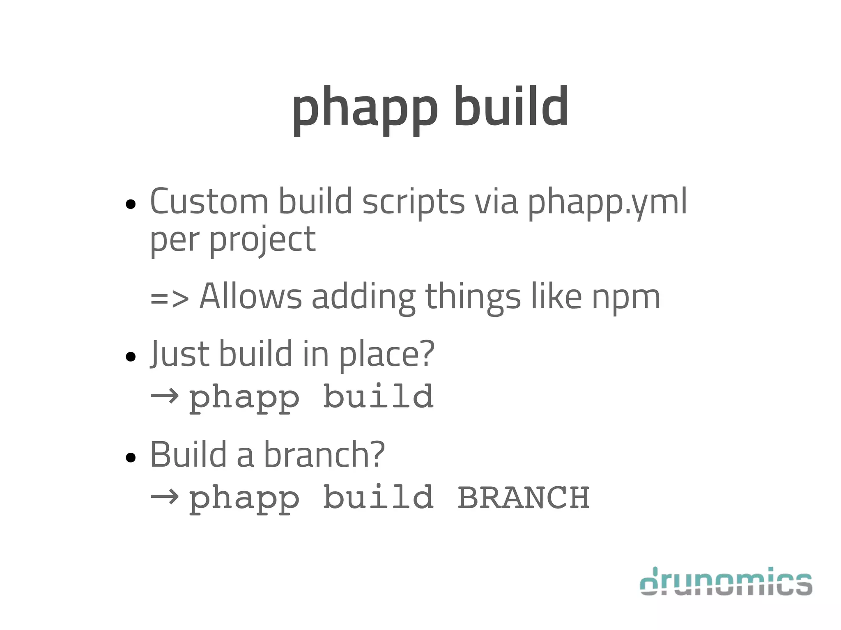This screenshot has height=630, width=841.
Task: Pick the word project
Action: coord(263,240)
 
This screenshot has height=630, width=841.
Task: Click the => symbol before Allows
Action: coord(170,297)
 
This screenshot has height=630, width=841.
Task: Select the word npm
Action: coord(626,298)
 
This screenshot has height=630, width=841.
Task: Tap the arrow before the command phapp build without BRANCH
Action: coord(165,396)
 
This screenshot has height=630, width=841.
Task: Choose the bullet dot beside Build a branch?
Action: coord(131,457)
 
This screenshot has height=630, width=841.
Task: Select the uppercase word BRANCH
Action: coord(524,497)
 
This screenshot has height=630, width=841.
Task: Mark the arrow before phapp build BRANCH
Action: coord(165,497)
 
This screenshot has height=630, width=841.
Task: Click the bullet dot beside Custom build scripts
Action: coord(131,204)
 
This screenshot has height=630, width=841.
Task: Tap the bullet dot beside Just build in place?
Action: coord(131,356)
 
